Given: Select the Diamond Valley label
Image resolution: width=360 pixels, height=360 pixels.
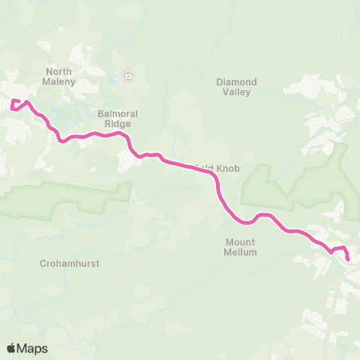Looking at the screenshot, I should pos(236,86).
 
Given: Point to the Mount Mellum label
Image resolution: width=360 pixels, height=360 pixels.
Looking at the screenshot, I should pos(241,247).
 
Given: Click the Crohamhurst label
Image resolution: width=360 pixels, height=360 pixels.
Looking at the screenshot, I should pos(65,264).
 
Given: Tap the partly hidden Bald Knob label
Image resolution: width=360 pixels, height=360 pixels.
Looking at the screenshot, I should pos(218,169).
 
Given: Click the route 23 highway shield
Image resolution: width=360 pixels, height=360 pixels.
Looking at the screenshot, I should pos(128,76).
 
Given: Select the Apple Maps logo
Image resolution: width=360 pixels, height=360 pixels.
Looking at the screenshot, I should pos(27,348).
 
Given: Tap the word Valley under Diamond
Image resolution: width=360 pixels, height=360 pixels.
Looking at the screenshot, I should pos(236,91).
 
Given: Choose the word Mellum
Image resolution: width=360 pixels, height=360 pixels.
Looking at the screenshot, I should pos(241,253).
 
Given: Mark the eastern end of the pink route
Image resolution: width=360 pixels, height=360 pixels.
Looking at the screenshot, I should pos(347,259).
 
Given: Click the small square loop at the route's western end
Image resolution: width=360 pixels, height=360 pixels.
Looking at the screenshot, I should pos(16,104).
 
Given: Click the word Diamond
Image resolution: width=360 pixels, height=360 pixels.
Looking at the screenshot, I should pos(236,81).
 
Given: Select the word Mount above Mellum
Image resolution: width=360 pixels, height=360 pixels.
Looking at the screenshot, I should pos(241,242).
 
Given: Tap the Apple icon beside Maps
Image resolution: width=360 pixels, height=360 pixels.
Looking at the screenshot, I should pos(12,348).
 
